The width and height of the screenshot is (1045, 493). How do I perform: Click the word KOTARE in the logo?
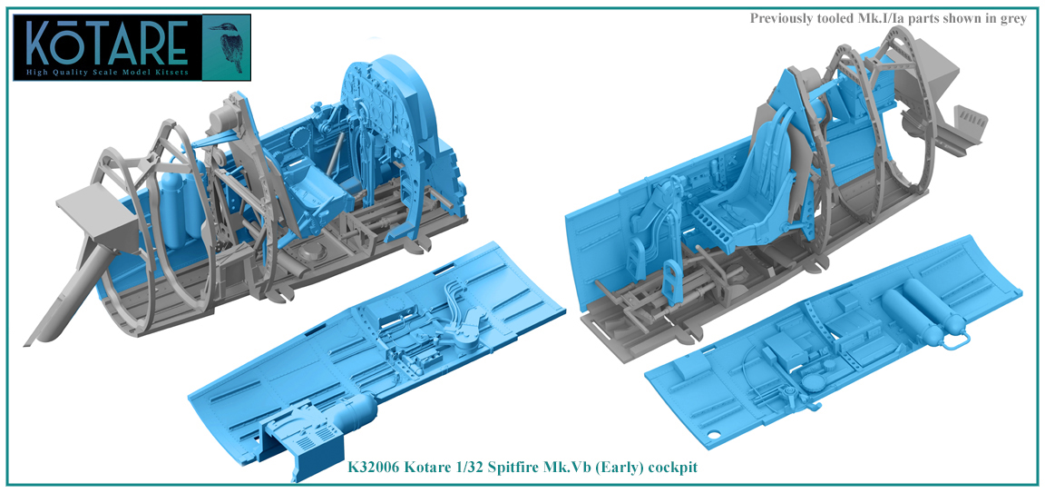click(107, 43)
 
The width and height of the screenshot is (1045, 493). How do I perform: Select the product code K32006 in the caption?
click(379, 467)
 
